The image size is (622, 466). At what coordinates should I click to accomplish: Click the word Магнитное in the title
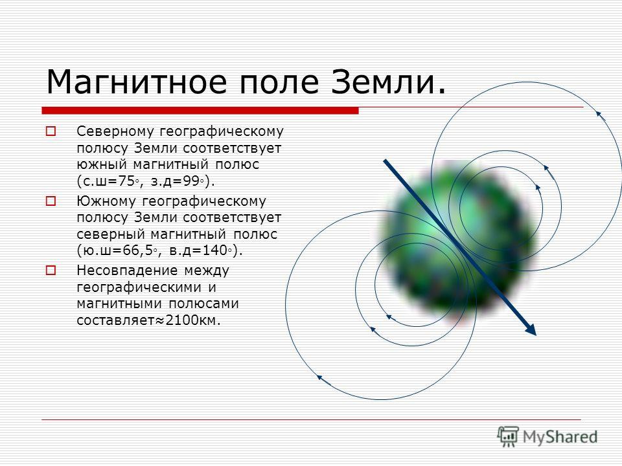click(x=137, y=82)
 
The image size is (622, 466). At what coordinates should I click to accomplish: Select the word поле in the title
click(x=280, y=82)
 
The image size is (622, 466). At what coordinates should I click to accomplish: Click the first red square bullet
click(x=51, y=131)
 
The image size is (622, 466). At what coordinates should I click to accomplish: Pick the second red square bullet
click(x=51, y=201)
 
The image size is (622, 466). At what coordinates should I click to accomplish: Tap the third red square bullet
click(x=51, y=271)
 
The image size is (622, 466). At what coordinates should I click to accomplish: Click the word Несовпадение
click(x=126, y=271)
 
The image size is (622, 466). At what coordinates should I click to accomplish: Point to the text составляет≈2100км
click(x=148, y=320)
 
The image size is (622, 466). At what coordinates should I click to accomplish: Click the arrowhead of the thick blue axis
click(x=531, y=329)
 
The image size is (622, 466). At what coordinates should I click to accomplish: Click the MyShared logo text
click(x=560, y=438)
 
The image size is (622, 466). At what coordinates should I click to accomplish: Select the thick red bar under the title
click(x=200, y=111)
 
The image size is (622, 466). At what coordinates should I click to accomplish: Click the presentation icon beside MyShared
click(x=508, y=437)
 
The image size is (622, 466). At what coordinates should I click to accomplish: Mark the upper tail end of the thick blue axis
click(x=384, y=161)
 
